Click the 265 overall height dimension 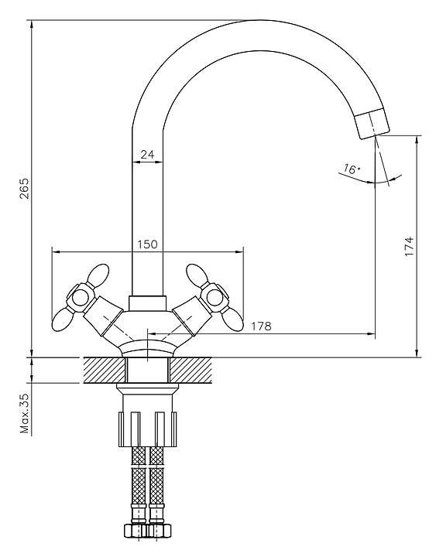click(24, 188)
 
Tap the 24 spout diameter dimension click(147, 155)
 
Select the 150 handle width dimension click(147, 244)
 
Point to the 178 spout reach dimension click(262, 326)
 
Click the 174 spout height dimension click(409, 246)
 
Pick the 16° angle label click(352, 169)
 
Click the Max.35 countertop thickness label click(24, 413)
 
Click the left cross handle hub click(80, 297)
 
